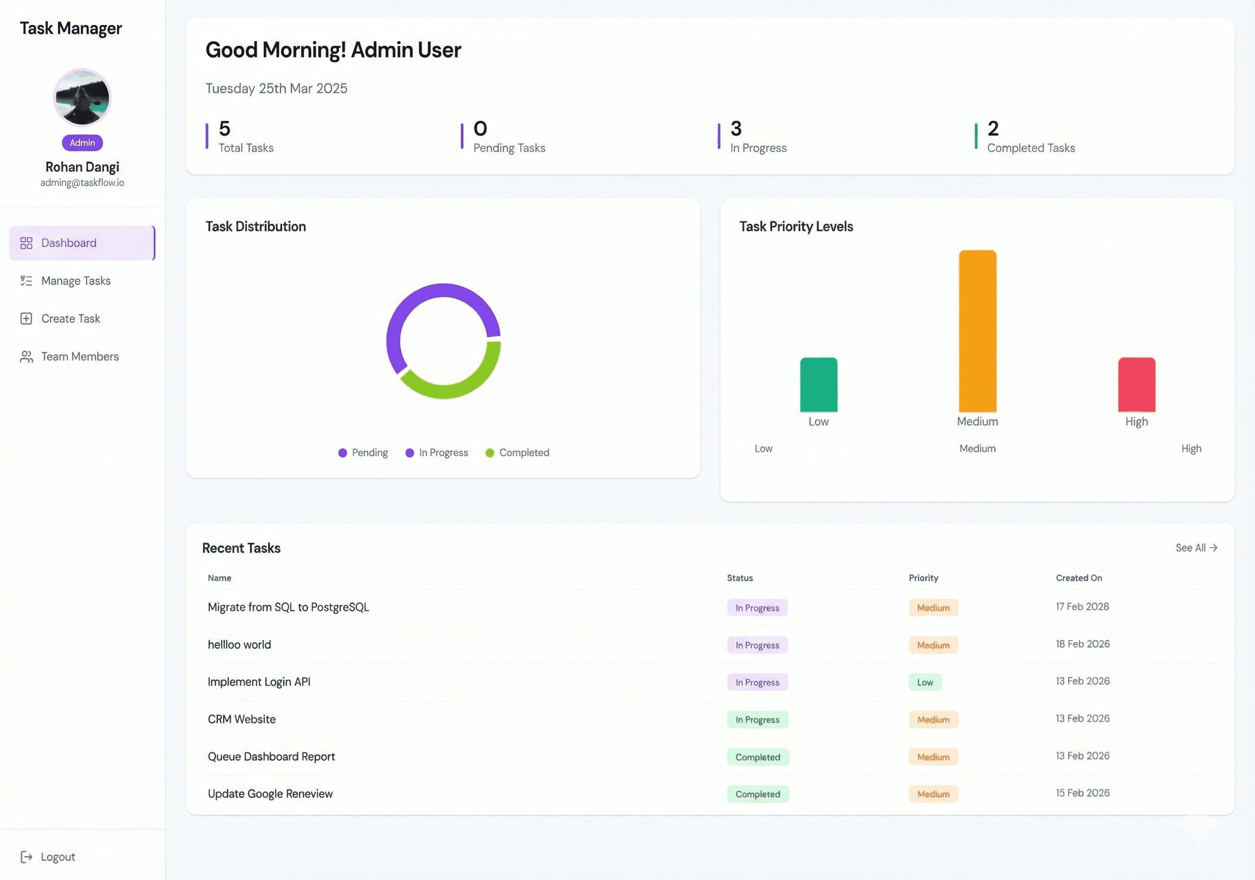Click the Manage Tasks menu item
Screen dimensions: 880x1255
point(75,281)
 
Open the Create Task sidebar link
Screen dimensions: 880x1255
point(70,319)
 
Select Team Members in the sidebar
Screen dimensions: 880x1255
point(79,356)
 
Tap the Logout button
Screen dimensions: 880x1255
point(57,857)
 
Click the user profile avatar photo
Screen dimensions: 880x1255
point(82,97)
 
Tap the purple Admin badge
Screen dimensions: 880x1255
point(82,143)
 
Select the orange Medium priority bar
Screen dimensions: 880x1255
point(977,331)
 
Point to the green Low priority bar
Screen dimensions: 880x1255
point(819,385)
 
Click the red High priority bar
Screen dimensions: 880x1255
point(1136,385)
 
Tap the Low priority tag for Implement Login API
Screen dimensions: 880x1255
point(925,682)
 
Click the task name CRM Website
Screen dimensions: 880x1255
point(241,719)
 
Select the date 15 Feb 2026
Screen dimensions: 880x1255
point(1082,793)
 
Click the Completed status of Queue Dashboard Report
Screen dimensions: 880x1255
point(757,757)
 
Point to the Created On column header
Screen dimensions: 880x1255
point(1078,577)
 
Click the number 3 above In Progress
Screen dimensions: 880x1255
point(735,129)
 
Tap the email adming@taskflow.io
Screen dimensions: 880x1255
point(82,182)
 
